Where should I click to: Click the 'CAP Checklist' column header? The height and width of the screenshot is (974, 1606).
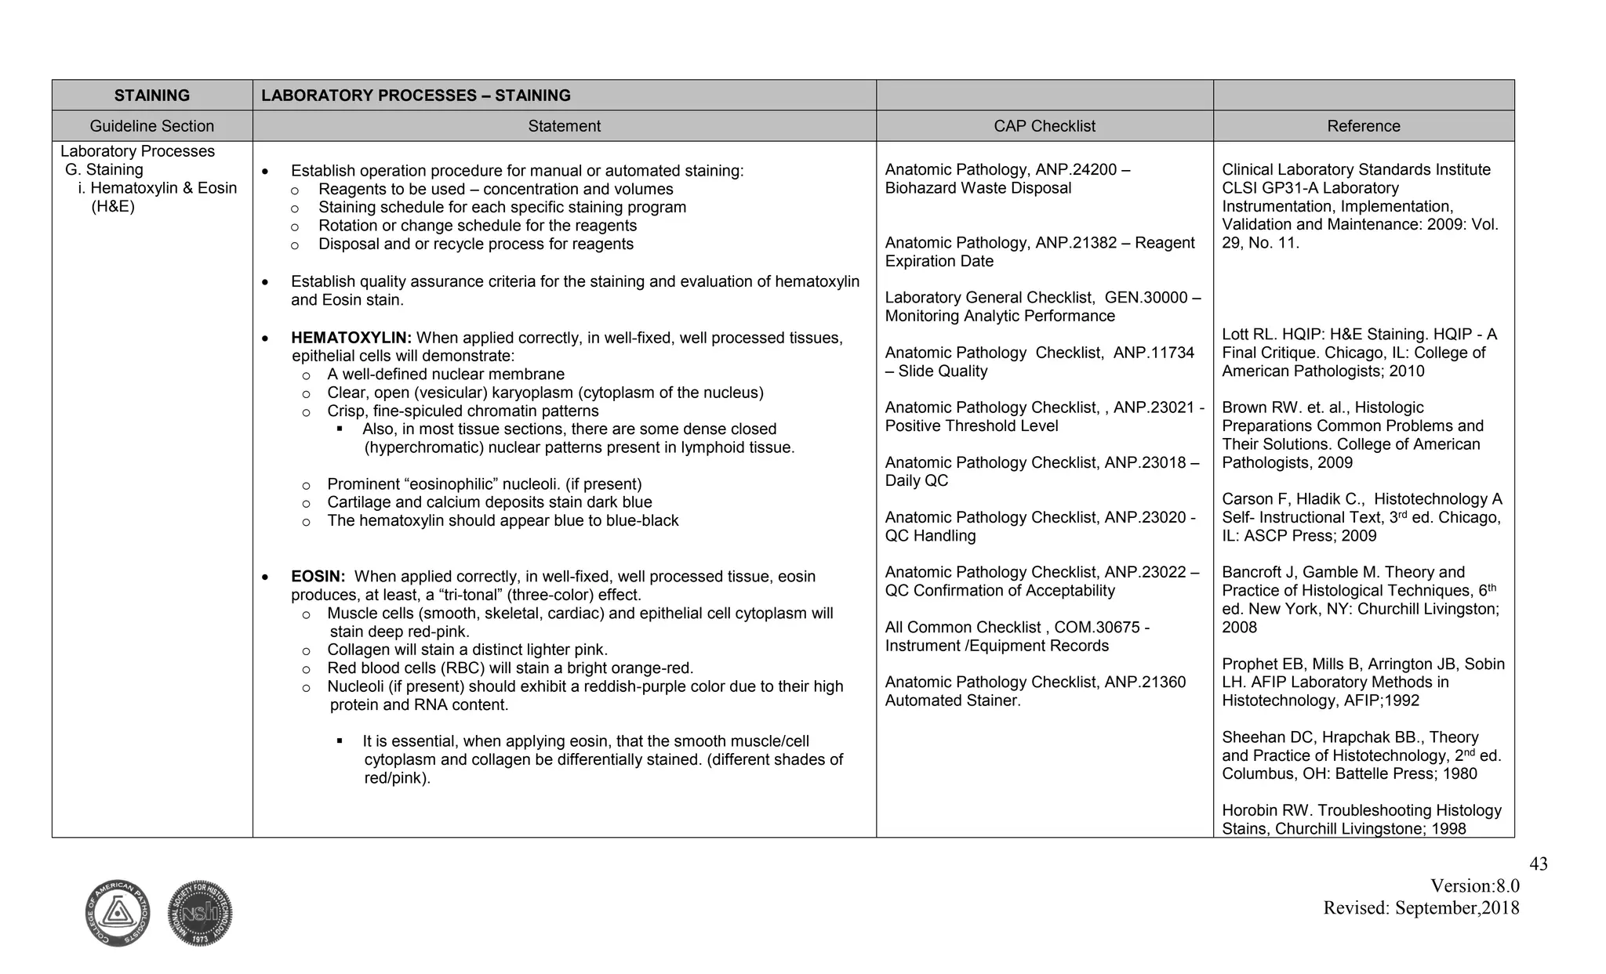pyautogui.click(x=1044, y=126)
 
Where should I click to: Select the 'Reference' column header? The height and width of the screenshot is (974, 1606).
pyautogui.click(x=1363, y=126)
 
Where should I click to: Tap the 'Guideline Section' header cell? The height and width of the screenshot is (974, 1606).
pyautogui.click(x=152, y=126)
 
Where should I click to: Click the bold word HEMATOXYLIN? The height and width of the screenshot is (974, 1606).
pyautogui.click(x=351, y=338)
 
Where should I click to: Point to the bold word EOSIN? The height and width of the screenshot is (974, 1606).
pyautogui.click(x=318, y=577)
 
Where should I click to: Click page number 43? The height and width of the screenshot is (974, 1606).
pyautogui.click(x=1539, y=864)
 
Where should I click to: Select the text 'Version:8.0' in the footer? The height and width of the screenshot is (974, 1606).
pyautogui.click(x=1474, y=886)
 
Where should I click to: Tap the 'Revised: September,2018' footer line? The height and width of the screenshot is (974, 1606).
pyautogui.click(x=1421, y=908)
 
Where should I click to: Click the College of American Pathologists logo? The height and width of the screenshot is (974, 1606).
pyautogui.click(x=118, y=913)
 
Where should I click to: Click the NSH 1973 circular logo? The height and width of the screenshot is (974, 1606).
pyautogui.click(x=200, y=913)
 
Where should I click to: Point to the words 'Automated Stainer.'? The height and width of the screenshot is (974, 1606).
pyautogui.click(x=953, y=701)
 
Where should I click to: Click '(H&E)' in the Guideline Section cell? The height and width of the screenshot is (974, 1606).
pyautogui.click(x=113, y=207)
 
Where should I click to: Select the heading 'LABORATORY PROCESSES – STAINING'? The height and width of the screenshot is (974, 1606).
pyautogui.click(x=416, y=96)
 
